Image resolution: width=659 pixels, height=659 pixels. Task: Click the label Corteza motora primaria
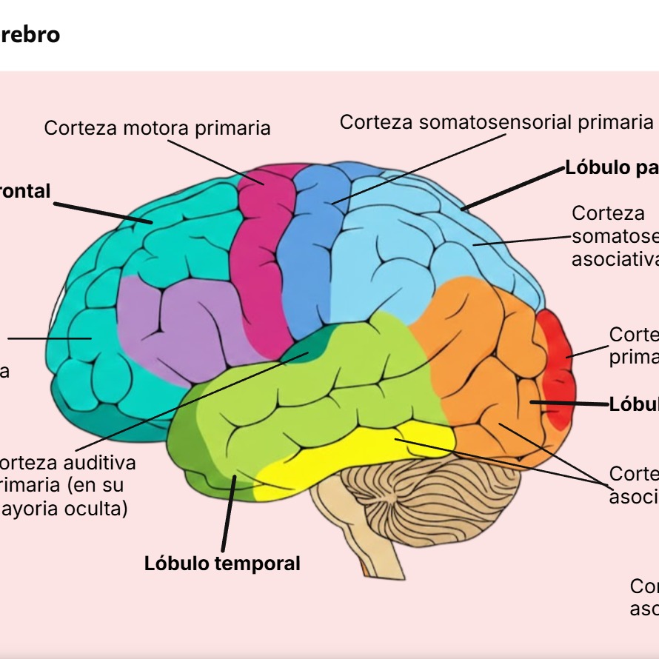(x=157, y=128)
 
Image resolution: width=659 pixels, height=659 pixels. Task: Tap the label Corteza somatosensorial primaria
(x=496, y=122)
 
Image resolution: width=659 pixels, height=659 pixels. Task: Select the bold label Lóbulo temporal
(x=222, y=563)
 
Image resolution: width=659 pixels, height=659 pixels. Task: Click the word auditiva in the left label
(x=100, y=464)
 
